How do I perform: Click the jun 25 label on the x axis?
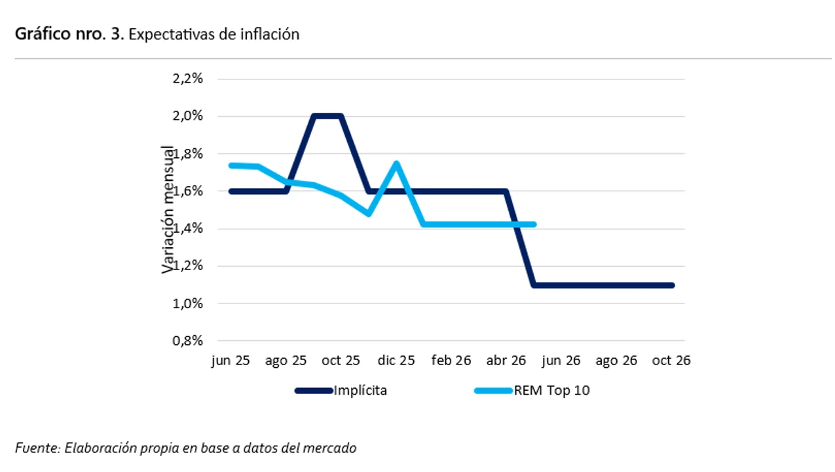(231, 361)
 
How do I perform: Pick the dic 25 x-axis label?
(396, 361)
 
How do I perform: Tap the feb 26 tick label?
(451, 361)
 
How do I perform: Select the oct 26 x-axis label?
(671, 361)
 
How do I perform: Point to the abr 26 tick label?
(506, 361)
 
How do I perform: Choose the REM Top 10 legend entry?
(551, 391)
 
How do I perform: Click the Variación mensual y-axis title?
(169, 209)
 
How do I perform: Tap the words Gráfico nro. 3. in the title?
(69, 35)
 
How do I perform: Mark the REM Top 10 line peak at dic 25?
(396, 163)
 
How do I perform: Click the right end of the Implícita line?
(672, 285)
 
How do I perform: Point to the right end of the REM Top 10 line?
(534, 224)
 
